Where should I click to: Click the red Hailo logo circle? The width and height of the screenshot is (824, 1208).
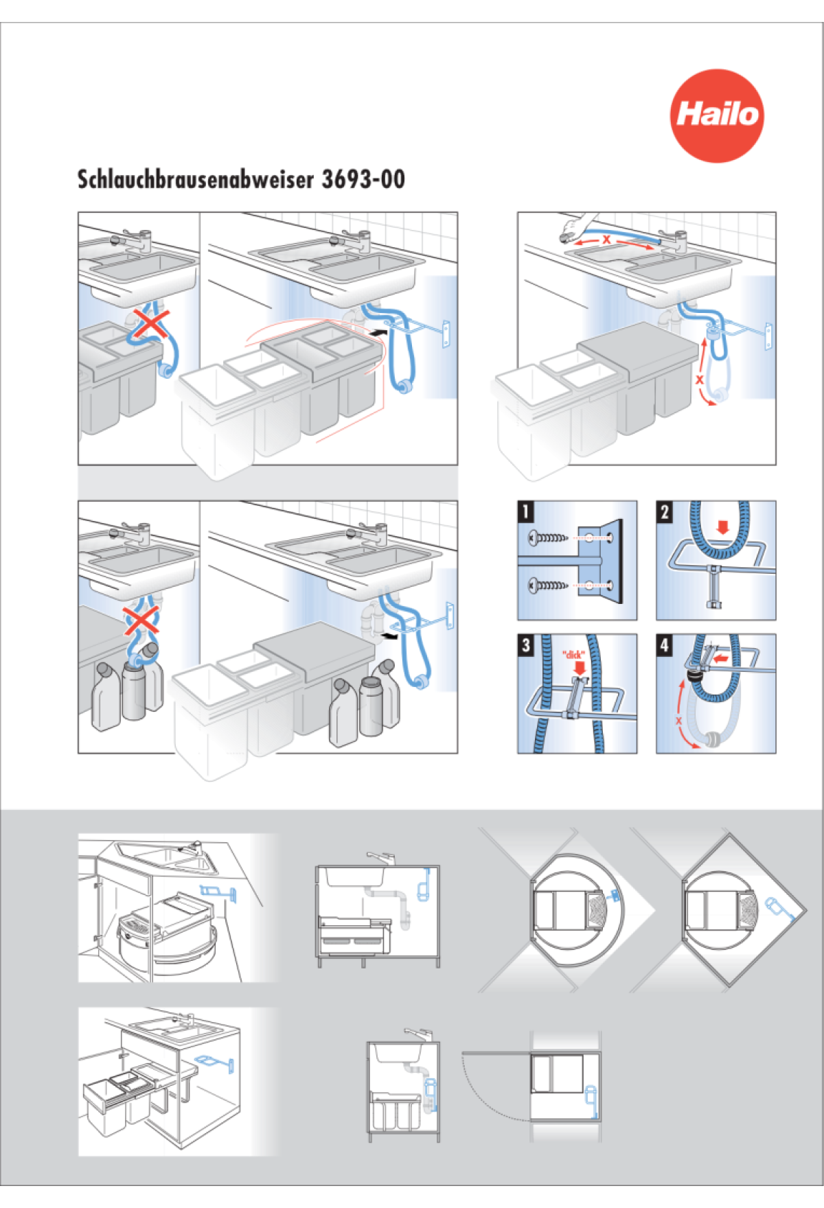point(717,115)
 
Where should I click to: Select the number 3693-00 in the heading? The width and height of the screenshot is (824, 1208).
point(363,180)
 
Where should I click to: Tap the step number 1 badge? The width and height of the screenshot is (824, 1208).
point(526,511)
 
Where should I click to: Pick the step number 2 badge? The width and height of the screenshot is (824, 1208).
point(665,511)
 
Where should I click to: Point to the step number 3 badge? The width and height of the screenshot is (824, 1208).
point(526,644)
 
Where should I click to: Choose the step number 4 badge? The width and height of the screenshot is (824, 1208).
point(665,644)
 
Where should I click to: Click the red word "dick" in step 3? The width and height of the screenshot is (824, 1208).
point(573,655)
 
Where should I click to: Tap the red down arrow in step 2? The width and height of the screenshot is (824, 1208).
point(722,527)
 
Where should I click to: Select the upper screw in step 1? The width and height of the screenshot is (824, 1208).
point(548,538)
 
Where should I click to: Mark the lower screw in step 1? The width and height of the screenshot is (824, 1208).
point(548,585)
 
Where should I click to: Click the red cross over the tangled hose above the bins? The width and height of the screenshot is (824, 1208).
point(150,324)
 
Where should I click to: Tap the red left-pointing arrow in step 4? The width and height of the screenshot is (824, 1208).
point(720,658)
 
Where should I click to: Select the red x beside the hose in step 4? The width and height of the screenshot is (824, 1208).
point(678,721)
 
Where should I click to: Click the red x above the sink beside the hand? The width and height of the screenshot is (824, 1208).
point(606,240)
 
